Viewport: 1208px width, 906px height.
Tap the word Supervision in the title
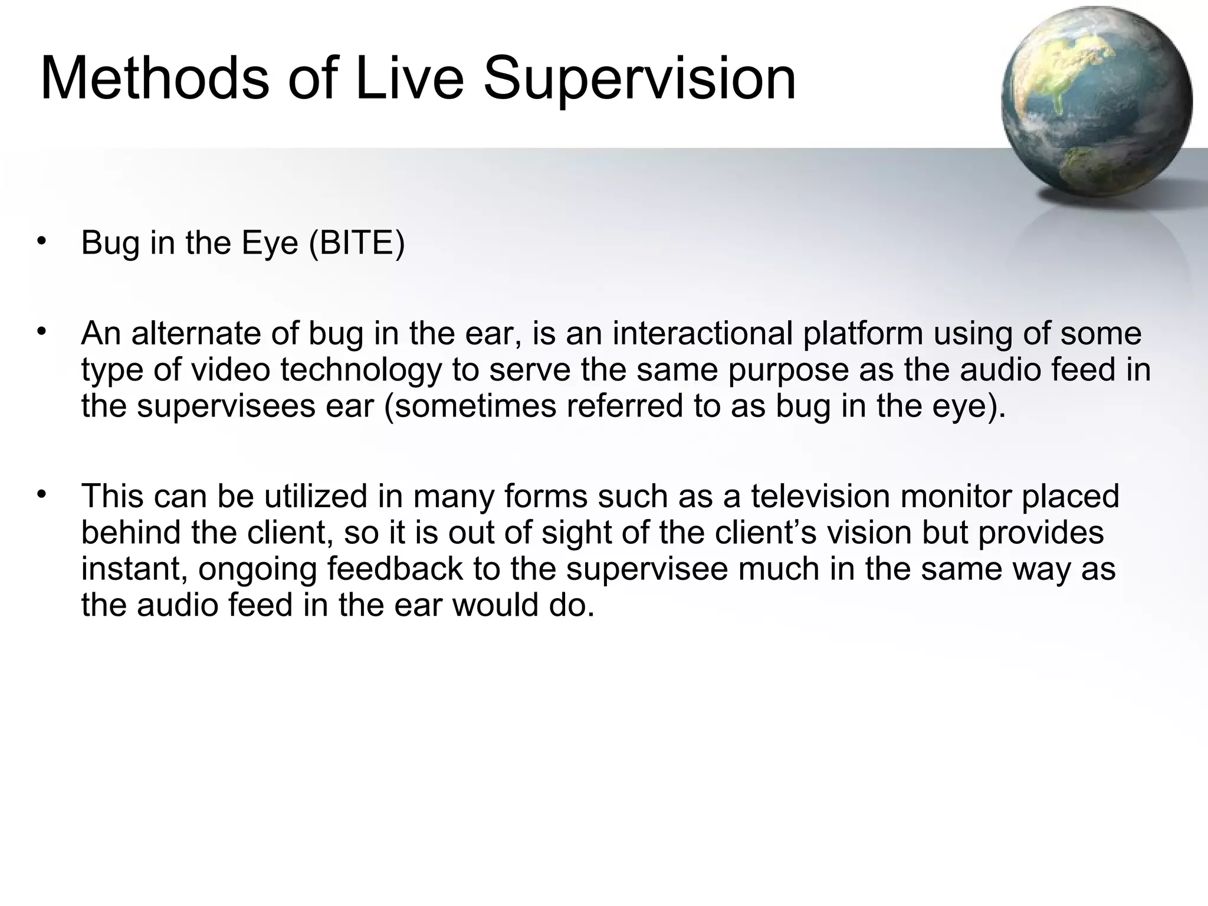pos(639,78)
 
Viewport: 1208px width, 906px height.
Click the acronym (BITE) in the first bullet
pos(357,242)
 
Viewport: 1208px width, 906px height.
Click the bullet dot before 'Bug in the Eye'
pos(41,241)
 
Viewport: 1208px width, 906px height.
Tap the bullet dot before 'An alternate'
pos(41,332)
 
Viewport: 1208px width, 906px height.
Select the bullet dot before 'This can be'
pos(41,495)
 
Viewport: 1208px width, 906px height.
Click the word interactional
pos(703,333)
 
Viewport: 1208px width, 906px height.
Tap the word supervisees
pos(226,406)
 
